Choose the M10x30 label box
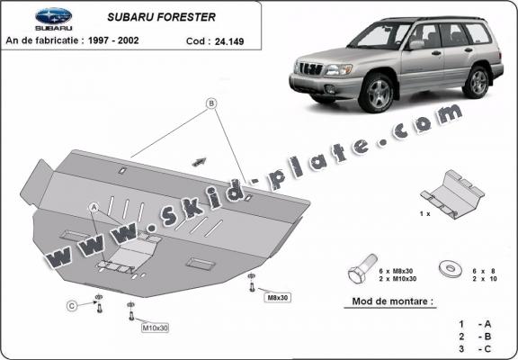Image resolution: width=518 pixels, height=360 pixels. [155, 328]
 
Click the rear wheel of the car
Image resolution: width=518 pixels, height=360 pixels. [478, 81]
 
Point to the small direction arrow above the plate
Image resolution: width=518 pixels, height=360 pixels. [198, 161]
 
